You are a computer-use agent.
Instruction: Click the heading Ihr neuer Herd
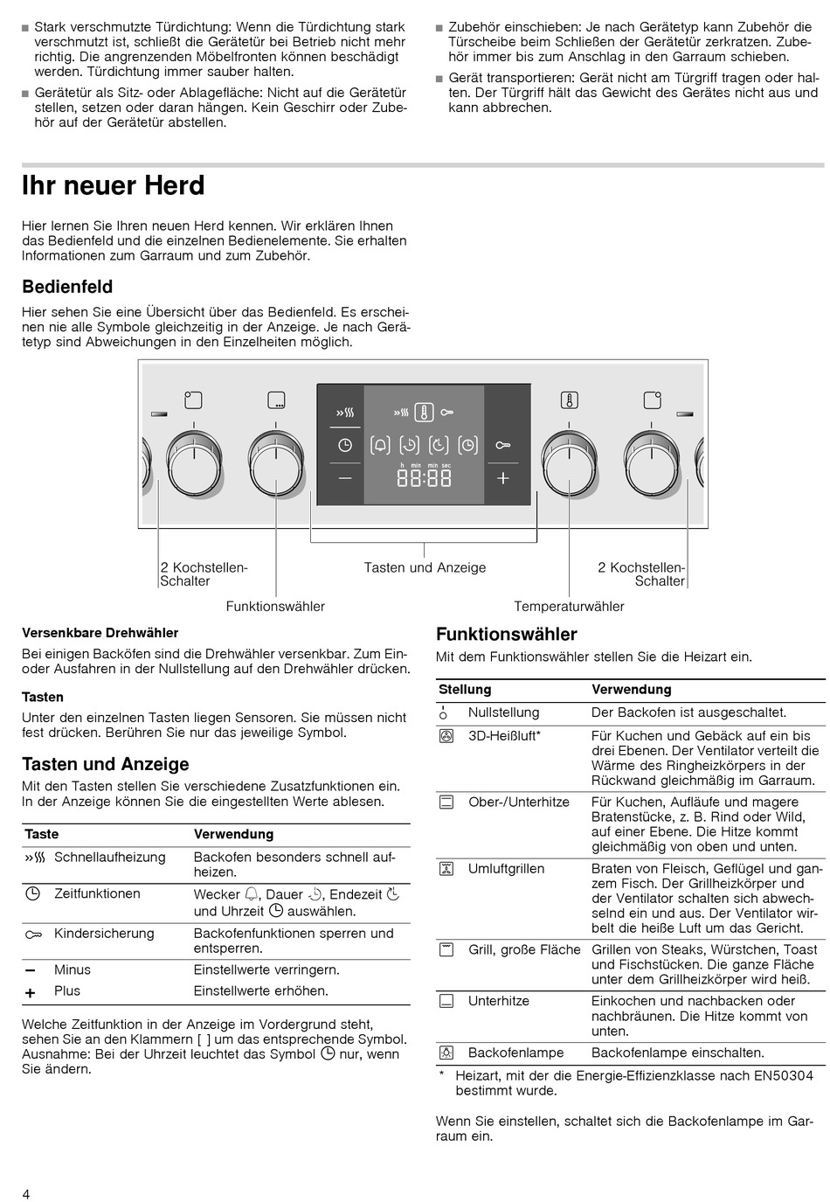[x=114, y=186]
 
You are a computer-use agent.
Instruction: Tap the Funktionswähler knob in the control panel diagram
[x=276, y=461]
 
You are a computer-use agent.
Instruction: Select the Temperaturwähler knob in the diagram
[x=570, y=461]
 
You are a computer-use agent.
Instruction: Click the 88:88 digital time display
[x=425, y=478]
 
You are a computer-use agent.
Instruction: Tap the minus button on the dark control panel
[x=345, y=478]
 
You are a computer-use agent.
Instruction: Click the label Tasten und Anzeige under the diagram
[x=425, y=568]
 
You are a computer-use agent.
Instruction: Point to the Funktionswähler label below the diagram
[x=275, y=607]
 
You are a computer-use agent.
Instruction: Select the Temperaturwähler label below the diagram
[x=569, y=607]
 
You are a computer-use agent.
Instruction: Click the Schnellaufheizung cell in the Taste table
[x=109, y=858]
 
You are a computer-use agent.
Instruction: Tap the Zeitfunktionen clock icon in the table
[x=33, y=893]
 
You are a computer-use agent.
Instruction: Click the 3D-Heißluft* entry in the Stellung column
[x=504, y=736]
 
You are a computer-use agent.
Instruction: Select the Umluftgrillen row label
[x=506, y=869]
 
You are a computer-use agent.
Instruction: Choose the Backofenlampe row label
[x=515, y=1053]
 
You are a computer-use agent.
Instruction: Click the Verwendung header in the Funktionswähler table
[x=631, y=690]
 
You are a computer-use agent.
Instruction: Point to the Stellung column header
[x=465, y=690]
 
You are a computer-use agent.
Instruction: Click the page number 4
[x=26, y=1194]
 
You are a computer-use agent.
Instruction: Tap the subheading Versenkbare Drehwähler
[x=100, y=633]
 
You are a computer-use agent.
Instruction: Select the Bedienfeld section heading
[x=67, y=287]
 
